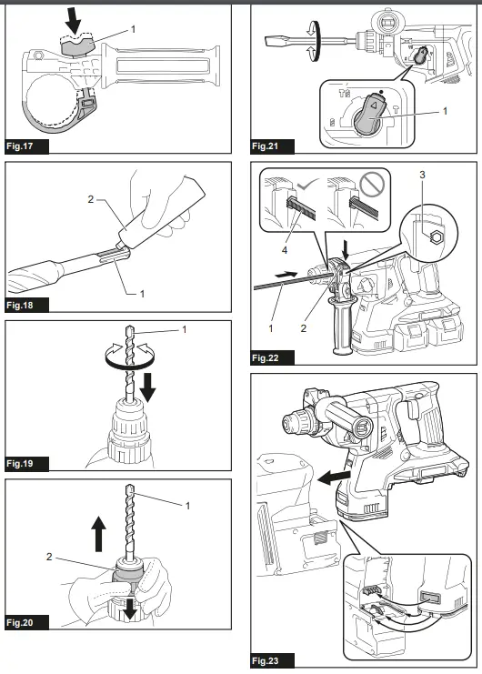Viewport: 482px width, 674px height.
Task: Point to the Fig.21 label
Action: pyautogui.click(x=270, y=146)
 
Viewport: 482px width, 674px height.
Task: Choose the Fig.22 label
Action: pyautogui.click(x=272, y=357)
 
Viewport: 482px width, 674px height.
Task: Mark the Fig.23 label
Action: pyautogui.click(x=272, y=659)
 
